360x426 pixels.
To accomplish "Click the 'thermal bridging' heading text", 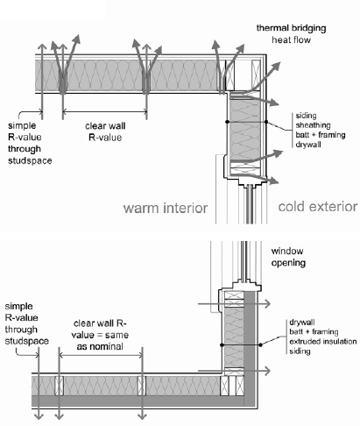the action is click(x=291, y=28).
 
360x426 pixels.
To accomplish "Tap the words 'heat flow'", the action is click(x=291, y=39).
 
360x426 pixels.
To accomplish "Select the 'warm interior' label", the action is click(x=166, y=208).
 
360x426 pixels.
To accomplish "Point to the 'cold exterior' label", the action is click(x=318, y=207).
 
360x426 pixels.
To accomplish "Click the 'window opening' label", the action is click(x=288, y=257).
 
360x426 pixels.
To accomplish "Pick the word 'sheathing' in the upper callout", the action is click(x=313, y=125).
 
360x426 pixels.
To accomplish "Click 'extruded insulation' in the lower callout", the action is click(x=323, y=341).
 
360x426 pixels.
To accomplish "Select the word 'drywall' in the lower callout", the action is click(x=302, y=323).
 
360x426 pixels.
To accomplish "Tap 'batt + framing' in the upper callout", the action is click(x=321, y=135).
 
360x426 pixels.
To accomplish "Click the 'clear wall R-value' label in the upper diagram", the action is click(x=105, y=131).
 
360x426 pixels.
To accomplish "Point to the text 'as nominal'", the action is click(x=100, y=346).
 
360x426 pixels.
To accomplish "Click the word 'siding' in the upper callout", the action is click(x=306, y=116).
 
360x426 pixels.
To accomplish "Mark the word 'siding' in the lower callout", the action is click(x=300, y=351).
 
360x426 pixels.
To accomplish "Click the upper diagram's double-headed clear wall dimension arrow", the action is click(x=105, y=110).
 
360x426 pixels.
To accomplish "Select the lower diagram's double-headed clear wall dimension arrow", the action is click(x=101, y=355).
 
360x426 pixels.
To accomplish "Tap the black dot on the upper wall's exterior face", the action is click(x=266, y=122).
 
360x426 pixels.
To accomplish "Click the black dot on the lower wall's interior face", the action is click(x=222, y=345).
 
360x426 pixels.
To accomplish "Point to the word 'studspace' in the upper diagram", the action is click(x=30, y=160).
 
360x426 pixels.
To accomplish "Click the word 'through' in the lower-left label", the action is click(x=21, y=330).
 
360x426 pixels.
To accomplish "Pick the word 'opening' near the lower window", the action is click(x=288, y=263).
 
